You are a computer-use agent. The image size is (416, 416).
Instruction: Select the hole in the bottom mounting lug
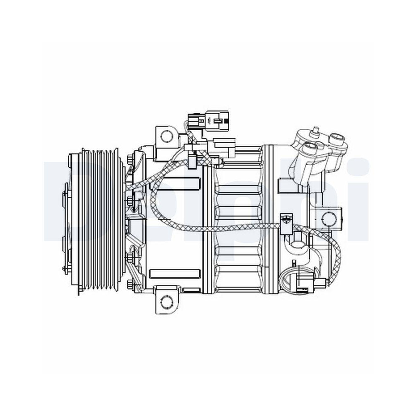point(167,300)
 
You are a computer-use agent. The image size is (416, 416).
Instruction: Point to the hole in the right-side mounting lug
point(329,218)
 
